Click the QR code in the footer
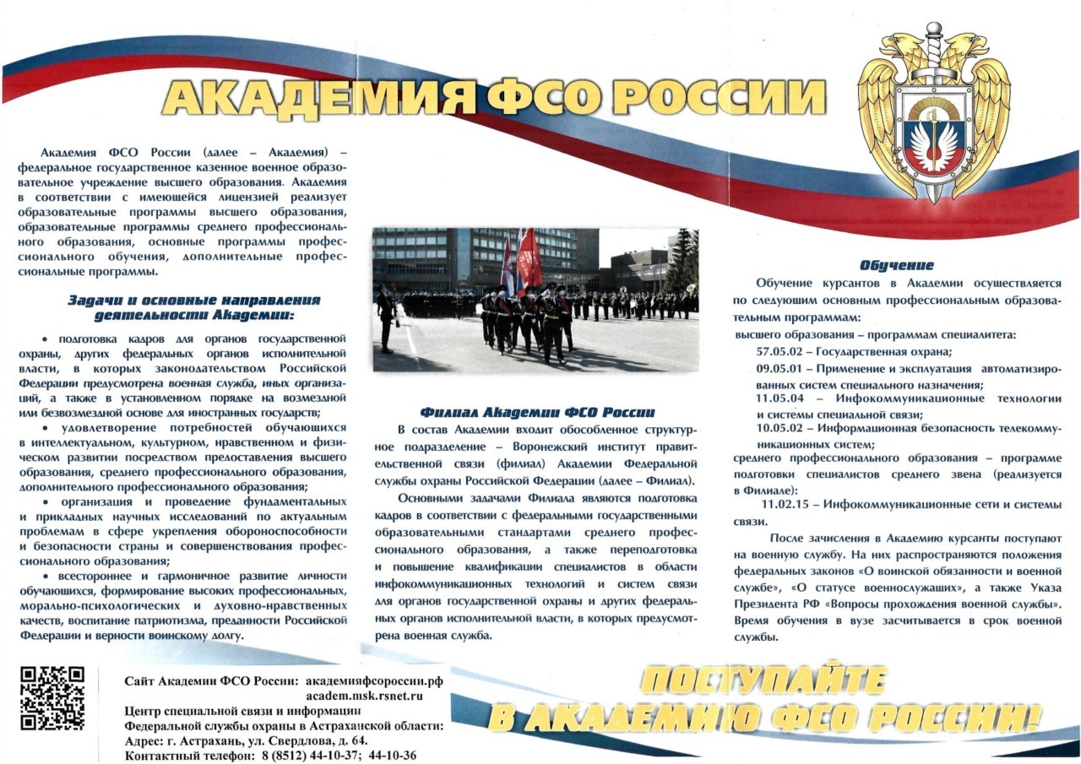pos(52,697)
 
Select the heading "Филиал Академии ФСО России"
pos(536,412)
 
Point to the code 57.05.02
pos(784,352)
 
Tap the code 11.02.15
pos(788,504)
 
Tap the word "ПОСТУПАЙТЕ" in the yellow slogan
pos(763,681)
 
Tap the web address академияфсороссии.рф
pos(374,680)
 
